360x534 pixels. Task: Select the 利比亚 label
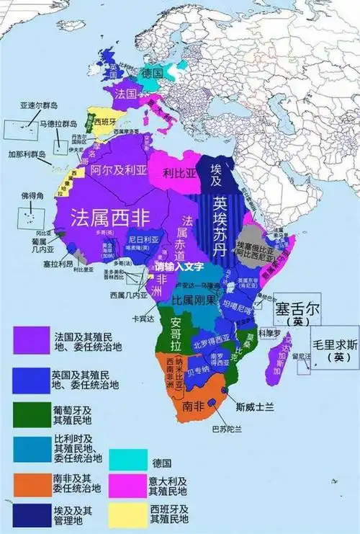[180, 173]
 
